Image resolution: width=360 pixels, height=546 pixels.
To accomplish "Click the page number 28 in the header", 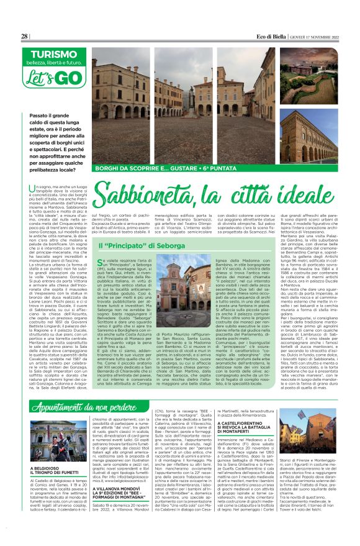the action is pos(25,37).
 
